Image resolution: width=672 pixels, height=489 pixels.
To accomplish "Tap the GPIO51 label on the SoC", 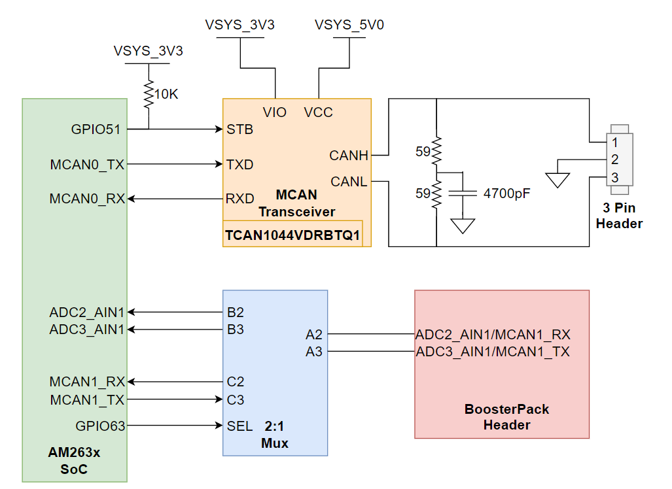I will [x=96, y=129].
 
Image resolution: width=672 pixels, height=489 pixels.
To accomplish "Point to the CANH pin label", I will [x=349, y=156].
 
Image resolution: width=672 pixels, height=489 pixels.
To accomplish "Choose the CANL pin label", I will [x=349, y=181].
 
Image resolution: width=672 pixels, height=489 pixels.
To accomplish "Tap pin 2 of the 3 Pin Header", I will [x=614, y=160].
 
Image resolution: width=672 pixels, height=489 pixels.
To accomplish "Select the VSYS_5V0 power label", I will [x=349, y=25].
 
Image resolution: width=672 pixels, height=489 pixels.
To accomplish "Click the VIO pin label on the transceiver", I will [x=274, y=112].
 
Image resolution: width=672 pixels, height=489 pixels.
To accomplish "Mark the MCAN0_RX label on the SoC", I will [x=87, y=199].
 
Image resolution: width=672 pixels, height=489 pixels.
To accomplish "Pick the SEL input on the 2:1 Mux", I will [x=239, y=426].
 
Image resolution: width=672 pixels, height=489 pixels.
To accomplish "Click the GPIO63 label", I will [x=100, y=426].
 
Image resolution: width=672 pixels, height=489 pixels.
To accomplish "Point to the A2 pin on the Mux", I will [x=314, y=335].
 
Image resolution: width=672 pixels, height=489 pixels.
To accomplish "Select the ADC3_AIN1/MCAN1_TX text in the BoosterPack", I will [x=493, y=352].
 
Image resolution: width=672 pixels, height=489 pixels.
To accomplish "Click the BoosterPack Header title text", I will [x=506, y=417].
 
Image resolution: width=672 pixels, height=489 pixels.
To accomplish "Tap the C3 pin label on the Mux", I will [x=236, y=399].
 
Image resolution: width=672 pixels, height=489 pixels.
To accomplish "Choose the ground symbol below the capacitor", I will [x=463, y=226].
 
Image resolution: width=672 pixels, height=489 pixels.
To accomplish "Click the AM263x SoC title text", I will [x=74, y=461].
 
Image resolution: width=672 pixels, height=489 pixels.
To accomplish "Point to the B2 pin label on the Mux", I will [x=236, y=312].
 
